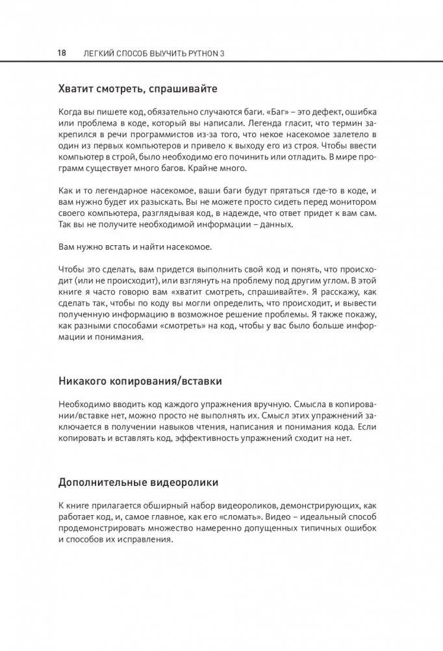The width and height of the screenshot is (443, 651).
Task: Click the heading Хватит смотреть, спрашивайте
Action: point(138,87)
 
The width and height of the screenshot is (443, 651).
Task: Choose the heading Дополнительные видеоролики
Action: point(138,483)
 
